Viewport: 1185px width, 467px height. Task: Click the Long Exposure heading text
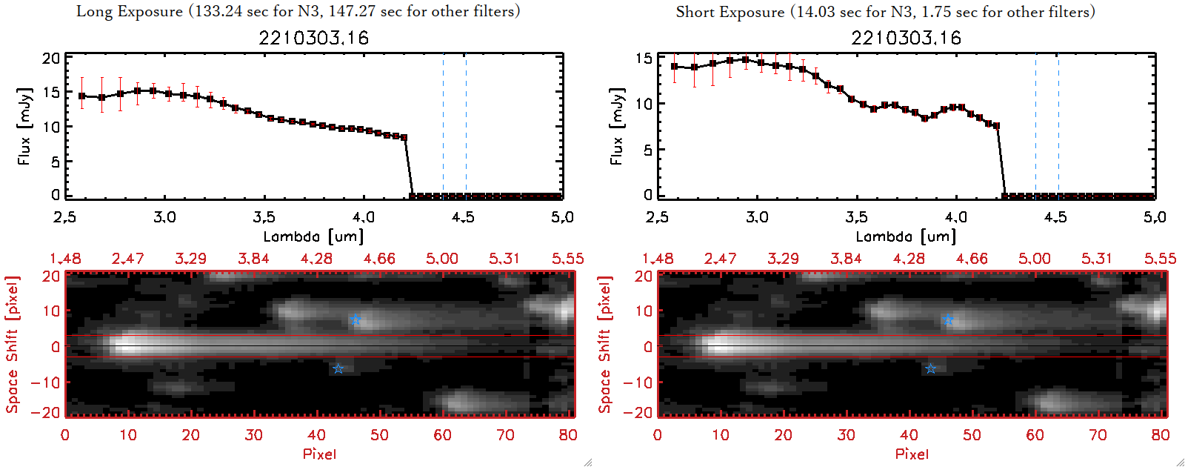[298, 11]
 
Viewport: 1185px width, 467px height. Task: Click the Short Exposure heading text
[885, 12]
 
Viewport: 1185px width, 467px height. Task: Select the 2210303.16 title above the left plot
[313, 38]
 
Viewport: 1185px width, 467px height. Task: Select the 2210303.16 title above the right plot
[906, 38]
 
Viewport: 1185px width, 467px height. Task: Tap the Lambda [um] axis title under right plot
[906, 236]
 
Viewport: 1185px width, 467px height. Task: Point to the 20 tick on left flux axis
[51, 59]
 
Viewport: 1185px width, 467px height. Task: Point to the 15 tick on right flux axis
[644, 59]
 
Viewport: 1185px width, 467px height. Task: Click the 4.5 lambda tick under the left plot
[463, 217]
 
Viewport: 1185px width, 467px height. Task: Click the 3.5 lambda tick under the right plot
[856, 217]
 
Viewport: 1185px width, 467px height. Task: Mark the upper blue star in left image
[355, 319]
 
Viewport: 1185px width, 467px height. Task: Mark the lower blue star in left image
[338, 368]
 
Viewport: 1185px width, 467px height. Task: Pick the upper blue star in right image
[948, 319]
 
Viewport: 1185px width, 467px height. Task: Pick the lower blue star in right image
[930, 368]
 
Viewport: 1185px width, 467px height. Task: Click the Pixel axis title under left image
[319, 454]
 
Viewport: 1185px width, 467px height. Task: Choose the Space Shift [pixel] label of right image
[605, 345]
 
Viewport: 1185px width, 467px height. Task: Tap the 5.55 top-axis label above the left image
[567, 259]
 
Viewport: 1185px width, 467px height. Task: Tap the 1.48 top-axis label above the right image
[658, 259]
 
